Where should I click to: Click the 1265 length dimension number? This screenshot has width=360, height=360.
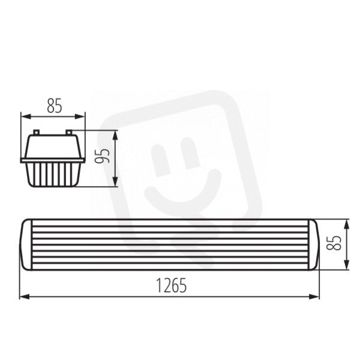click(x=171, y=286)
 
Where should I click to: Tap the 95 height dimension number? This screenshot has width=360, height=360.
click(x=102, y=155)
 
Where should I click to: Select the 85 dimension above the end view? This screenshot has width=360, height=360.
click(x=55, y=106)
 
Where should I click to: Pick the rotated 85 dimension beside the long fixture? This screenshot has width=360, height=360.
click(x=334, y=242)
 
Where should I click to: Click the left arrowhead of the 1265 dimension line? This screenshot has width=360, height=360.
click(x=25, y=296)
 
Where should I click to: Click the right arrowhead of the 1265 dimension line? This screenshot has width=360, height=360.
click(x=314, y=296)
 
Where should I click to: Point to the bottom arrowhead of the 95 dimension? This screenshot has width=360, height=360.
click(x=115, y=182)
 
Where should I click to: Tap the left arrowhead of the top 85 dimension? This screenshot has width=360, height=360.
click(x=26, y=116)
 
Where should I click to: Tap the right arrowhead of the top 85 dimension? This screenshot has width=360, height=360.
click(x=80, y=116)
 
